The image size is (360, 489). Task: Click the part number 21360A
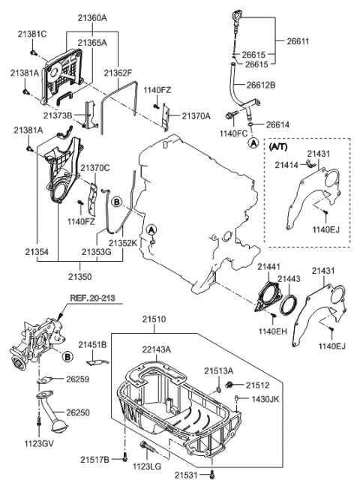tap(89, 17)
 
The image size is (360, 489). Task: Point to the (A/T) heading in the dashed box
tap(280, 148)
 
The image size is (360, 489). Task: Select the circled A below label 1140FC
tap(253, 142)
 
